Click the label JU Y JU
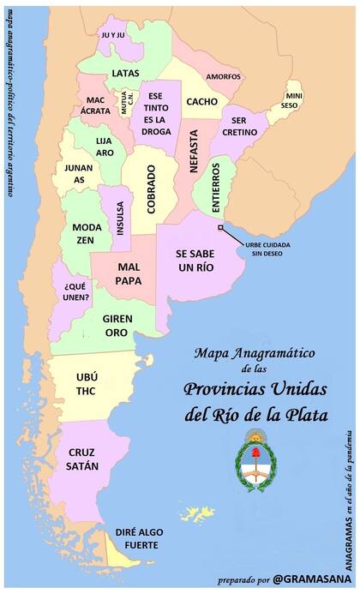(x=112, y=35)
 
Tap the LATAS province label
(x=125, y=73)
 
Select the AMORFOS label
(x=223, y=76)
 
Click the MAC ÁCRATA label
(x=95, y=105)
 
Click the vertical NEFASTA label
(x=194, y=152)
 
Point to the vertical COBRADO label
(x=151, y=195)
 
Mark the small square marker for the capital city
(x=220, y=227)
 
